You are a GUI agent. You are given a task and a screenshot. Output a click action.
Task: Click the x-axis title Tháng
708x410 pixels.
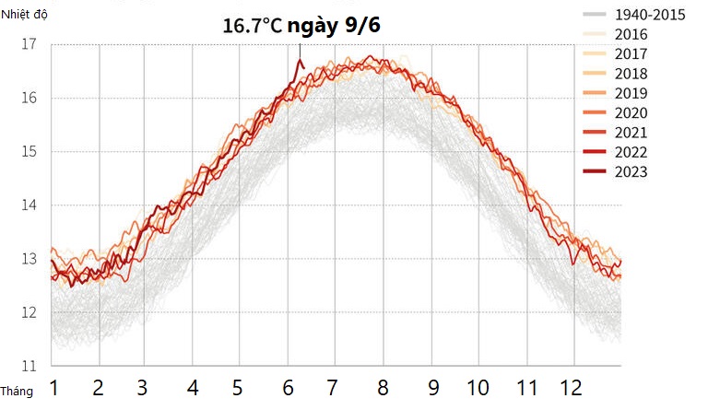tap(17, 392)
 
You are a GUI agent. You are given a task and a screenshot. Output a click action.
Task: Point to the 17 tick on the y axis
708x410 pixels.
tap(29, 44)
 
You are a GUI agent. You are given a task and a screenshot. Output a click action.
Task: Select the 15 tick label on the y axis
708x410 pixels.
tap(29, 151)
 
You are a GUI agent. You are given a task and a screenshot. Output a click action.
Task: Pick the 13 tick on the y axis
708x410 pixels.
tap(29, 259)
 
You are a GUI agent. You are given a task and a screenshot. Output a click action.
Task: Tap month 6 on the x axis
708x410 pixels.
tap(288, 387)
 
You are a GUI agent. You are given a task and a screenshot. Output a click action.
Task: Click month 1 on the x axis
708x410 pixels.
tap(54, 387)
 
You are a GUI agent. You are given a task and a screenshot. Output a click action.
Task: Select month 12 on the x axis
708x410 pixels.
tap(572, 387)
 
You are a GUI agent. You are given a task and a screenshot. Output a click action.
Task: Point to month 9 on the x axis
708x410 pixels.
tap(432, 387)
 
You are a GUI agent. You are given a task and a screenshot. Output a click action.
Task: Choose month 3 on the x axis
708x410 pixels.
tap(143, 387)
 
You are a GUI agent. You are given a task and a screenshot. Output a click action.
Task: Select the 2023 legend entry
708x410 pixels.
tap(631, 172)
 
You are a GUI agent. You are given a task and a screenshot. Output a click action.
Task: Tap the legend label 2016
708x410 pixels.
tap(631, 35)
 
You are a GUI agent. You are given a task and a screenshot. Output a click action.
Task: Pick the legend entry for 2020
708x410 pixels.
tap(631, 113)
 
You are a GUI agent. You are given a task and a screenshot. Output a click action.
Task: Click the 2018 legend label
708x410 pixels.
tap(631, 74)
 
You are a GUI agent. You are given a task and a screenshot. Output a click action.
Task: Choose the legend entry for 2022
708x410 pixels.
tap(631, 152)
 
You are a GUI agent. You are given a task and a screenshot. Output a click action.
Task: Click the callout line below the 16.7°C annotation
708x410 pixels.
tap(300, 50)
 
